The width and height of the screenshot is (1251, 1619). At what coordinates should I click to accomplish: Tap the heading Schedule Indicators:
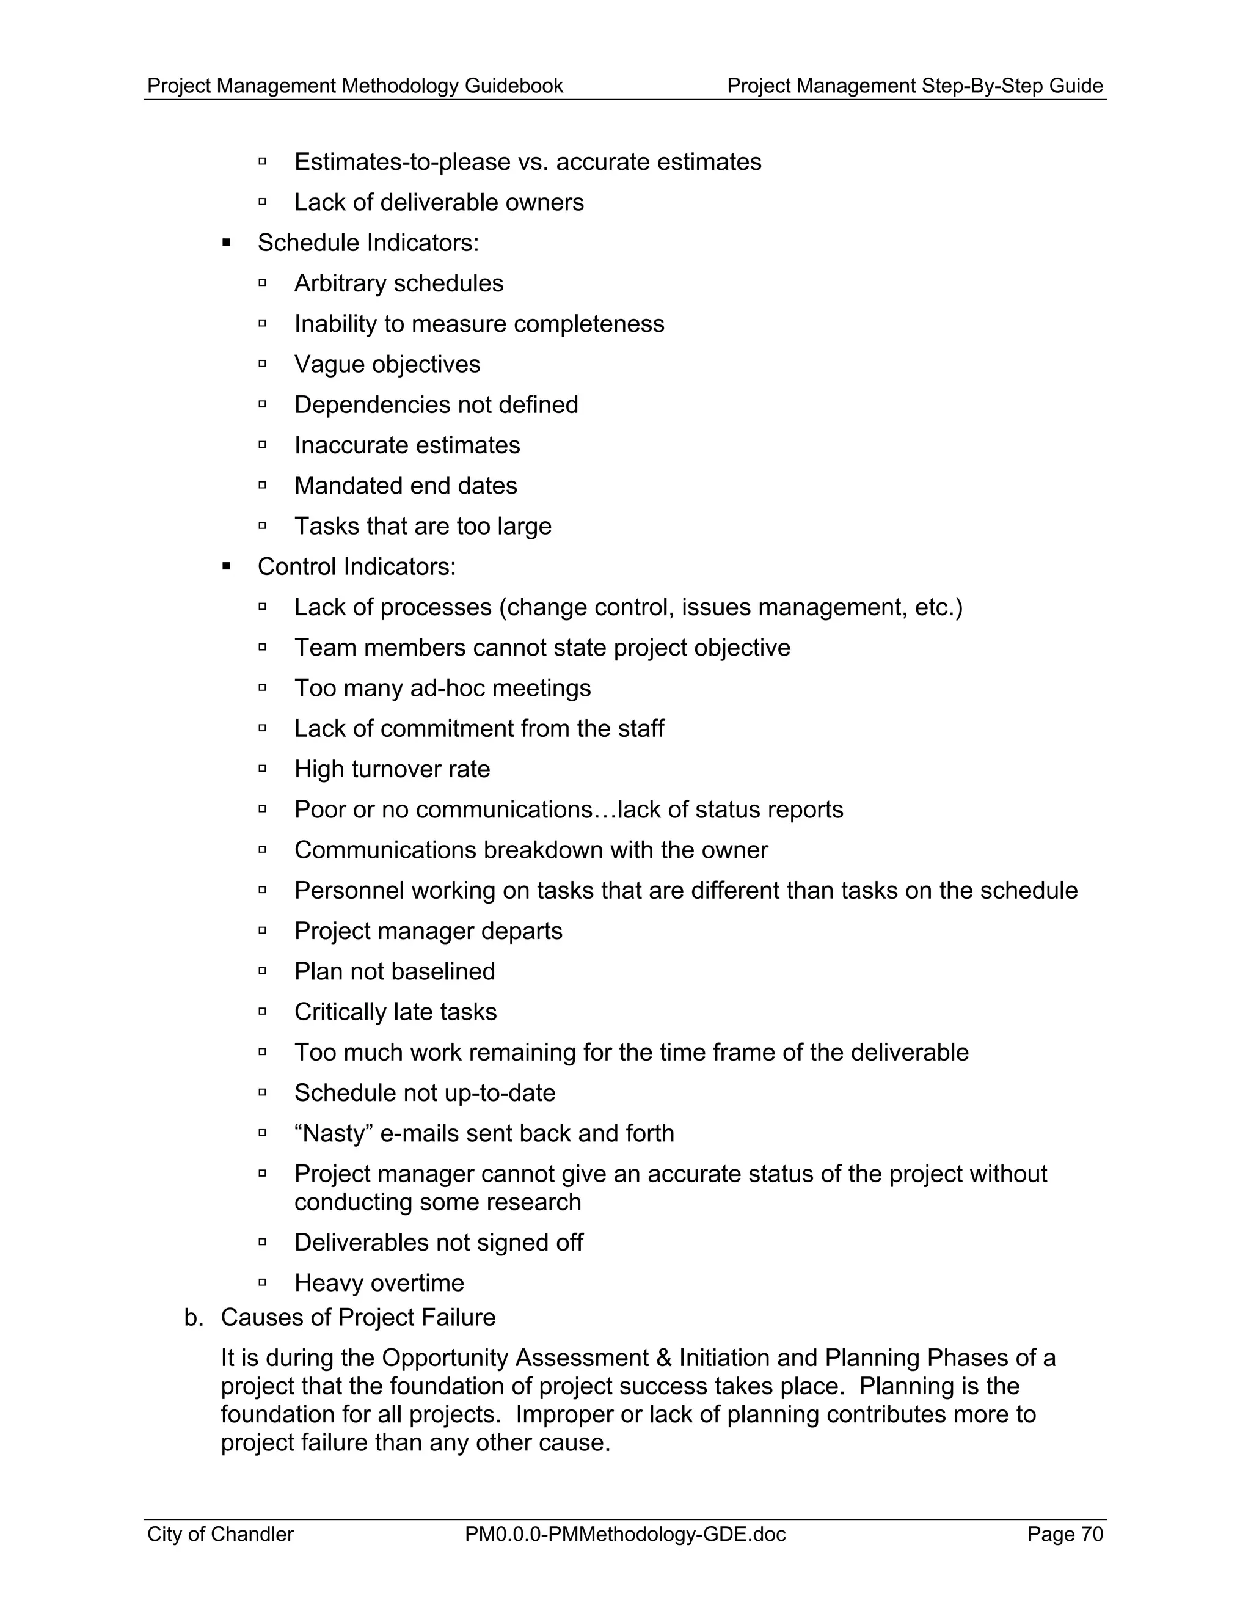pos(368,243)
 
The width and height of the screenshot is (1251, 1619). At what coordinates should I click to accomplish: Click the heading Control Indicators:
pos(357,567)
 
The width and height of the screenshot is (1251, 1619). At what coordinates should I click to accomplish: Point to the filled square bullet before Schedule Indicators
pos(227,243)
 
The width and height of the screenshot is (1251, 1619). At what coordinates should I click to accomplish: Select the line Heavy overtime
pos(379,1283)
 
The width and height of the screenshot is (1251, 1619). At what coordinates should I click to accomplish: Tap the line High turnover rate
pos(392,769)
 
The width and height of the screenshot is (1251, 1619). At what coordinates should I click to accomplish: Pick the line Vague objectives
pos(387,365)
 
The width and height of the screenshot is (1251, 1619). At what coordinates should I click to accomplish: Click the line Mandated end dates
pos(406,486)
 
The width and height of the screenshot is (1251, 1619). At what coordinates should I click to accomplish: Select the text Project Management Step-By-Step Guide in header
pos(914,86)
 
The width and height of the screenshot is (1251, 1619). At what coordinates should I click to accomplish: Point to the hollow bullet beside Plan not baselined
pos(262,971)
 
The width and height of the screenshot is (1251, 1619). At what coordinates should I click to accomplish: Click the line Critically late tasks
pos(395,1012)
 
